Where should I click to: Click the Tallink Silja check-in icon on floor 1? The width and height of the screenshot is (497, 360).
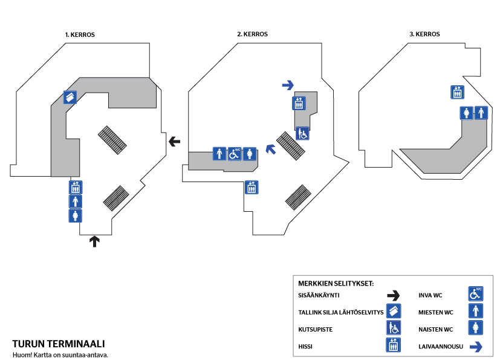(x=70, y=97)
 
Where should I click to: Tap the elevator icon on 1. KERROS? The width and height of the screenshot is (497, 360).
(x=76, y=187)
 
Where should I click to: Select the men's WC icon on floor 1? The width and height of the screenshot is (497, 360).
(x=76, y=201)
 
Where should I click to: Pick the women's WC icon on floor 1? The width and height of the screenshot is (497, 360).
(x=76, y=215)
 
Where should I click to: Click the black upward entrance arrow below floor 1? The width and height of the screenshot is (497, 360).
(x=94, y=241)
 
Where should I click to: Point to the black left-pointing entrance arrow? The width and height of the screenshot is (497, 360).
(x=175, y=142)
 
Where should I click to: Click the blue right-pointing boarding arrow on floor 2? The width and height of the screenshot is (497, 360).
(x=288, y=85)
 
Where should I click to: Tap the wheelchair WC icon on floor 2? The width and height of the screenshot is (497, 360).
(x=235, y=154)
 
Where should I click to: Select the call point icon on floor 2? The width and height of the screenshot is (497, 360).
(x=302, y=133)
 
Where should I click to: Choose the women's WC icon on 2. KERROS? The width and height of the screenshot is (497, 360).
(x=250, y=154)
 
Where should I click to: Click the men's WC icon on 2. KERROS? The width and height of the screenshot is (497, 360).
(x=219, y=154)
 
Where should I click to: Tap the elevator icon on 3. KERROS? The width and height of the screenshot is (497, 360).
(x=457, y=92)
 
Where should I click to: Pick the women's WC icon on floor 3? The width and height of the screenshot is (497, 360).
(x=466, y=113)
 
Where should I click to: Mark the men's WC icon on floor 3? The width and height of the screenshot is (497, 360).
(x=481, y=113)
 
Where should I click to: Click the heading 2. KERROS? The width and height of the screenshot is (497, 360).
(x=252, y=34)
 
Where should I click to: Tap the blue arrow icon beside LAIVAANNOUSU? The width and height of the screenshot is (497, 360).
(x=476, y=346)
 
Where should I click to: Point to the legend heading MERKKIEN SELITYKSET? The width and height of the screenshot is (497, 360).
(x=336, y=283)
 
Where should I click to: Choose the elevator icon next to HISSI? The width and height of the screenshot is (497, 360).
(x=394, y=345)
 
